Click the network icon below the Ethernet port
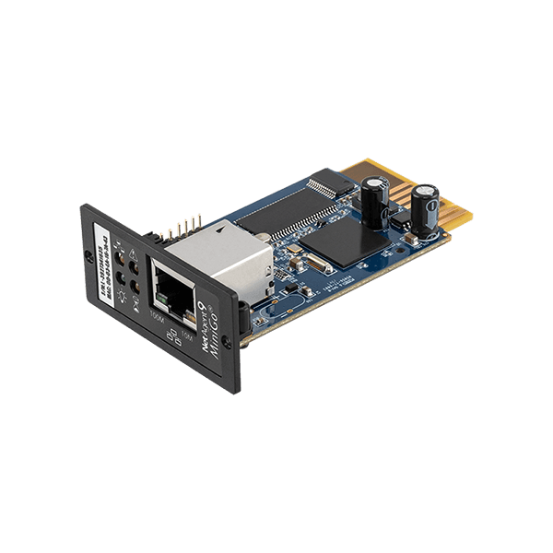173,332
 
